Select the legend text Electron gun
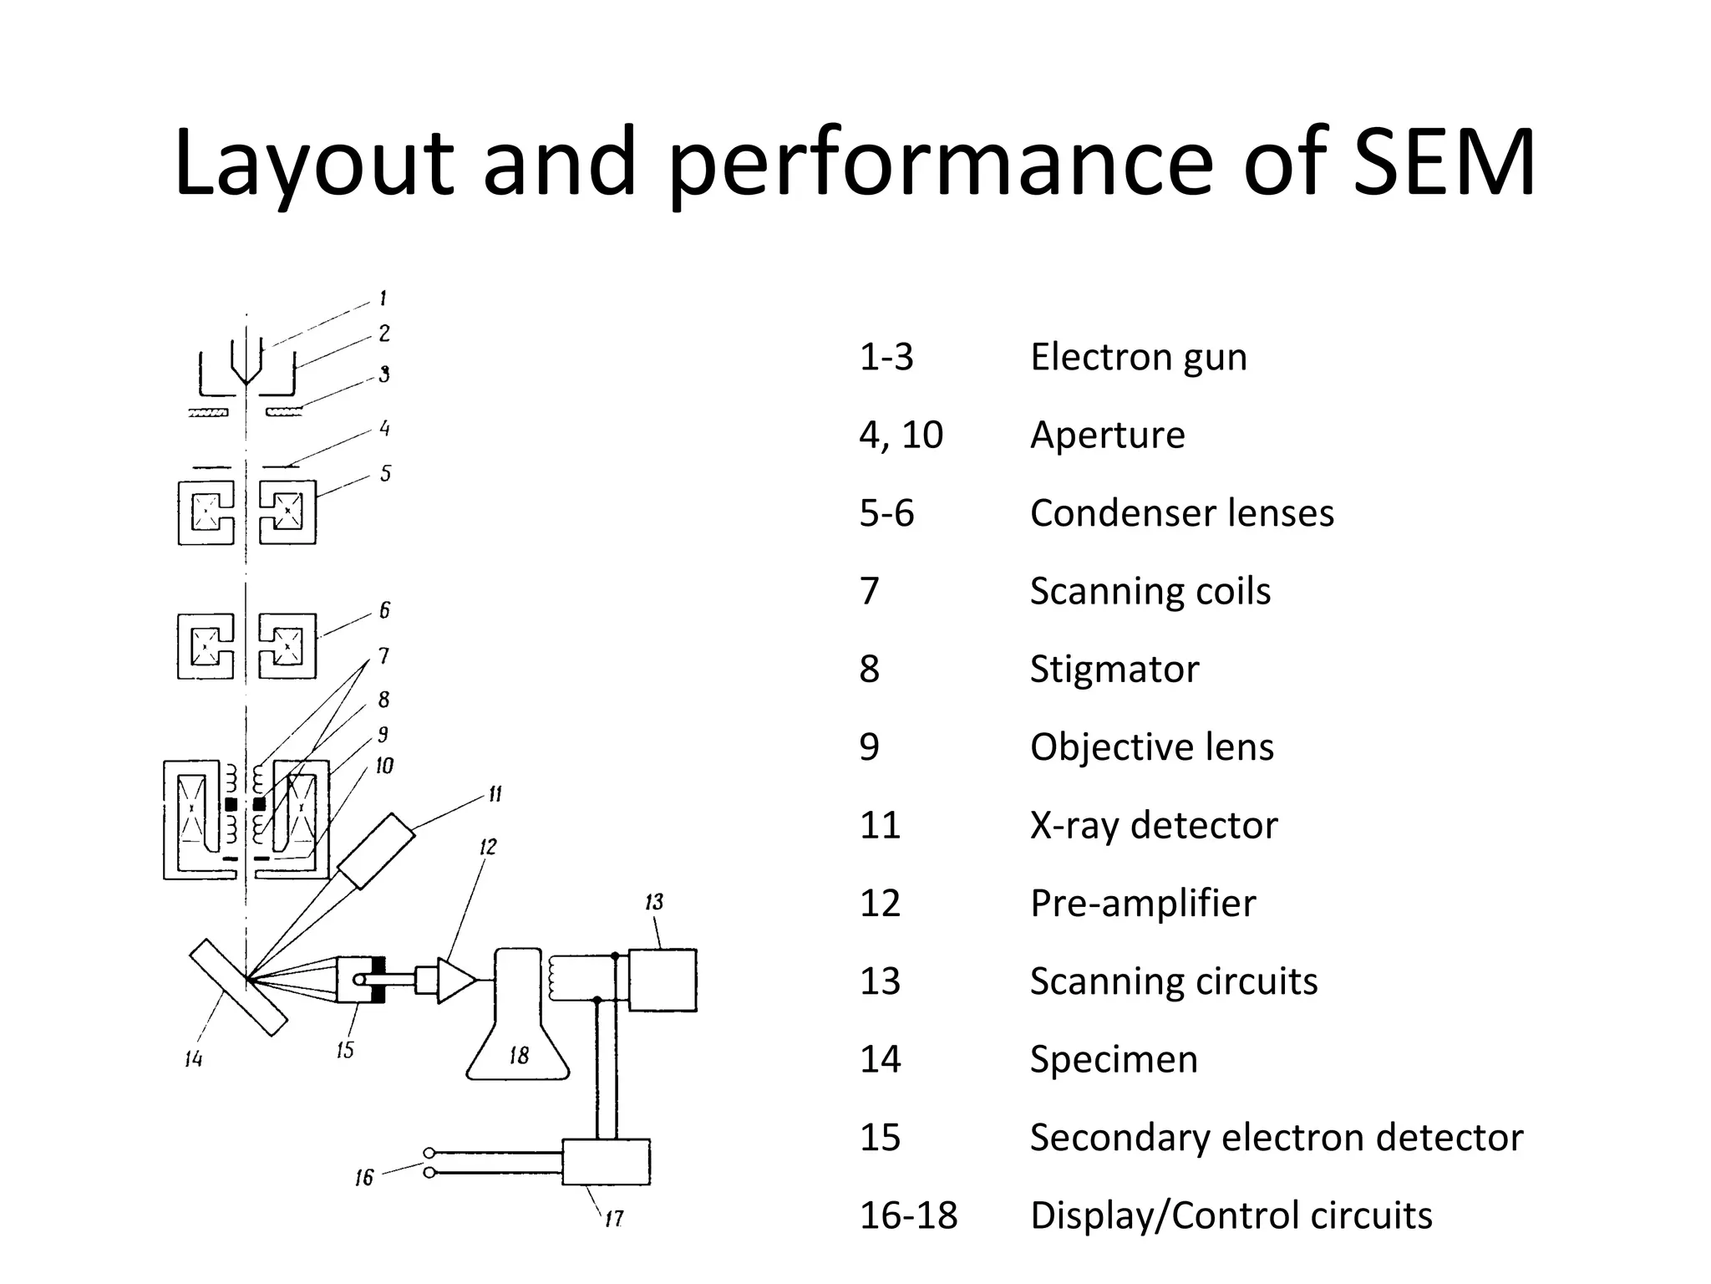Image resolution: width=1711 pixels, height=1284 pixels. pyautogui.click(x=1138, y=357)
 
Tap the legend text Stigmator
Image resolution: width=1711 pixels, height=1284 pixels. pyautogui.click(x=1114, y=669)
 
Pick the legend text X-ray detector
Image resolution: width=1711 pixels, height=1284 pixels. pyautogui.click(x=1153, y=825)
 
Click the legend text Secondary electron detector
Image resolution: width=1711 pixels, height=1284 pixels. pyautogui.click(x=1276, y=1138)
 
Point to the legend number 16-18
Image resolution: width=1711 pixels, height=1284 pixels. pyautogui.click(x=908, y=1215)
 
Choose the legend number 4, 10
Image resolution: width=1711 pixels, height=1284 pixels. pyautogui.click(x=901, y=435)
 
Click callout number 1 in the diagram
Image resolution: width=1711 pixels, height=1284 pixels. pyautogui.click(x=383, y=298)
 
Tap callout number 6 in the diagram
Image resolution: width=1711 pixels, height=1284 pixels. pyautogui.click(x=384, y=610)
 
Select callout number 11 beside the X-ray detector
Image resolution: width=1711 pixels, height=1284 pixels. pyautogui.click(x=495, y=794)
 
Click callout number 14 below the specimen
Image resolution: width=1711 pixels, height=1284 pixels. pyautogui.click(x=193, y=1059)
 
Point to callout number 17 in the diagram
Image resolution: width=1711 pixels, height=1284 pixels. pyautogui.click(x=614, y=1219)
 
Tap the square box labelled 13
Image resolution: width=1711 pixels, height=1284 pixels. pyautogui.click(x=662, y=980)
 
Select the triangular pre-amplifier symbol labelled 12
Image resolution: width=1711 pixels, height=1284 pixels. pyautogui.click(x=454, y=980)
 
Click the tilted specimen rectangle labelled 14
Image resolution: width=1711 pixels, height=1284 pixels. pyautogui.click(x=238, y=987)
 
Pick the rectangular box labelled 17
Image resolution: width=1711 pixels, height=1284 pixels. pyautogui.click(x=606, y=1162)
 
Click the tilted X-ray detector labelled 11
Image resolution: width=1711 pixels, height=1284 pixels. pyautogui.click(x=376, y=851)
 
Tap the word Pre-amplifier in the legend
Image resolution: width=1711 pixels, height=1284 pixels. pyautogui.click(x=1142, y=904)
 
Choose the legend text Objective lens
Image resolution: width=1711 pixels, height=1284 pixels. pyautogui.click(x=1151, y=747)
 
